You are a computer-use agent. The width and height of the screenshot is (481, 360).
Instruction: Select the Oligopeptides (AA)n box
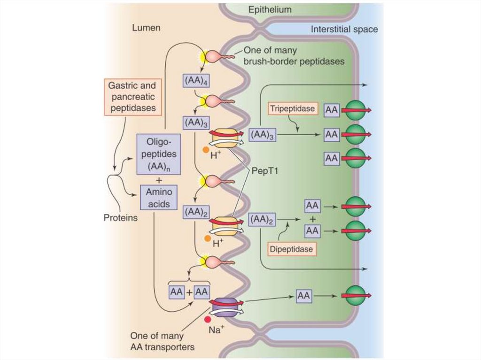(x=158, y=154)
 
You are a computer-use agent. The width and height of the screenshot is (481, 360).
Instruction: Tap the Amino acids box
(x=158, y=198)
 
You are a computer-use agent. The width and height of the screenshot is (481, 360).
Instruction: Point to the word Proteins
(x=120, y=218)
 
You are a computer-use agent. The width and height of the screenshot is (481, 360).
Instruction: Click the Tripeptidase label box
(x=292, y=109)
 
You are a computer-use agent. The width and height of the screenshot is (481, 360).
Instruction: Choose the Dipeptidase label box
(x=291, y=249)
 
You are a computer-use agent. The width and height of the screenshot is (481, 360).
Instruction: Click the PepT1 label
(x=266, y=171)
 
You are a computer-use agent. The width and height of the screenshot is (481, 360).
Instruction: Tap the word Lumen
(x=146, y=28)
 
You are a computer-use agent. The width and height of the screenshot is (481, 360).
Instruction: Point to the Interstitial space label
(x=344, y=29)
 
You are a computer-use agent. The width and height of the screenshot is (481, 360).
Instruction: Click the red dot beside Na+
(x=207, y=320)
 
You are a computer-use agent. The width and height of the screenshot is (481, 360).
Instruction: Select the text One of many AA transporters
(x=163, y=342)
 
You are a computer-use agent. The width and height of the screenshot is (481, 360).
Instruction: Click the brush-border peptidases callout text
(x=294, y=56)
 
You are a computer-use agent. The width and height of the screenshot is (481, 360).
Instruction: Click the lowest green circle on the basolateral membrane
(x=355, y=295)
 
